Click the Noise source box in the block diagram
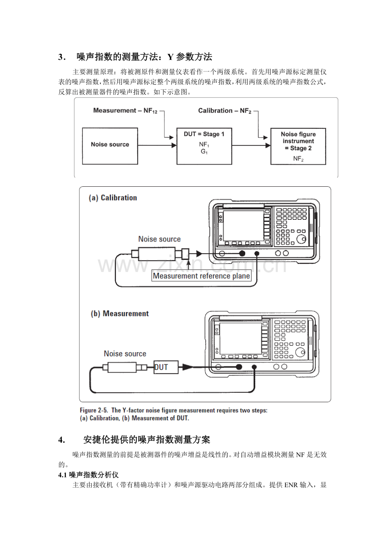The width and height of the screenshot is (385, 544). [110, 146]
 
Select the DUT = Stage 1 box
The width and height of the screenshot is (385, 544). [204, 146]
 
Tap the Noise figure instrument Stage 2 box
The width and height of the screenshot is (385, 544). [298, 146]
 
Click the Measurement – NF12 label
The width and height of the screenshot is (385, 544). [125, 111]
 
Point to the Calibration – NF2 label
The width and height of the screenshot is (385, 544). [224, 111]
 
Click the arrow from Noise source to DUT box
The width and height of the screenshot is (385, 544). [157, 145]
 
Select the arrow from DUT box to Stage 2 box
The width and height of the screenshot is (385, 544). [251, 145]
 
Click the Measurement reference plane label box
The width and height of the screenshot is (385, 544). [201, 276]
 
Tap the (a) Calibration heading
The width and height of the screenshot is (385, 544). [113, 198]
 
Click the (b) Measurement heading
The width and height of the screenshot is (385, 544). [119, 313]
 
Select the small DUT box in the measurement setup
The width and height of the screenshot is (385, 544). [166, 367]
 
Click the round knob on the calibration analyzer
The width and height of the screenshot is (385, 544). [301, 239]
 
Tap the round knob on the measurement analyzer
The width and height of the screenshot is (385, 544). [300, 352]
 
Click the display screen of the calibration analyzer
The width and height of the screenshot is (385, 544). [244, 226]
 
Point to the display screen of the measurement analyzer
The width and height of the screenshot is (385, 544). [241, 338]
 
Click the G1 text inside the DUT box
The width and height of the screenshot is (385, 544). [204, 152]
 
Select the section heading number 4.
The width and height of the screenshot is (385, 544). [62, 440]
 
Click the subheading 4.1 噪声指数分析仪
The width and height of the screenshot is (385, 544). [88, 475]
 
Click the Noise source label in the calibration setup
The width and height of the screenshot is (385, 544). [159, 239]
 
